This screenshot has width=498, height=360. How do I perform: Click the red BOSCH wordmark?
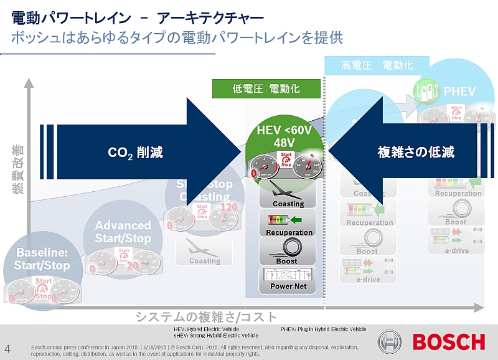[x=449, y=342]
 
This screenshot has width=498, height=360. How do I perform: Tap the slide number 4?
[x=7, y=347]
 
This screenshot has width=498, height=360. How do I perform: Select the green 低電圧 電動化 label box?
[x=266, y=89]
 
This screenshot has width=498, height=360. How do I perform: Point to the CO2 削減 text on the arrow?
[x=135, y=153]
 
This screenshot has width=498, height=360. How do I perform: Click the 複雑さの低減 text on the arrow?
[x=416, y=152]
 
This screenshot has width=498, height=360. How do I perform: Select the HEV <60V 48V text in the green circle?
[x=284, y=137]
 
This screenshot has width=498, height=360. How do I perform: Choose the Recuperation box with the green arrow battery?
[x=288, y=222]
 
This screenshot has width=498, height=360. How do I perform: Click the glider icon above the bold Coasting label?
[x=288, y=191]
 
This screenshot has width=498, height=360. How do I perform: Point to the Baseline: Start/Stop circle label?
[x=43, y=259]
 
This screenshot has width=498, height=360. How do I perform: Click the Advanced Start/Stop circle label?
[x=123, y=232]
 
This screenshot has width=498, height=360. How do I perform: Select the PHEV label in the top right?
[x=459, y=92]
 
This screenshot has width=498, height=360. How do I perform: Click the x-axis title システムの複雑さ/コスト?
[x=206, y=316]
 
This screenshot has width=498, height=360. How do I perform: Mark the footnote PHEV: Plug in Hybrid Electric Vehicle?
[x=324, y=329]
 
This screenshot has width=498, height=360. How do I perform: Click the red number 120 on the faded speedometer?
[x=229, y=207]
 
